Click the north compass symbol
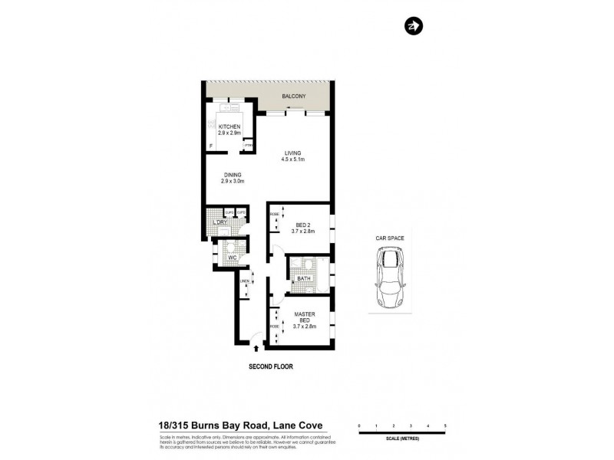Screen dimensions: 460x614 [x=412, y=27]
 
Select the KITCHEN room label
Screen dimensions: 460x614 [x=229, y=127]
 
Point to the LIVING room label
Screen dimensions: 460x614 [x=293, y=153]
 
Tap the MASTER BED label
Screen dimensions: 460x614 [x=305, y=317]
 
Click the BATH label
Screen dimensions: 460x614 [x=303, y=279]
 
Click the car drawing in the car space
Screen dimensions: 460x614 [x=390, y=281]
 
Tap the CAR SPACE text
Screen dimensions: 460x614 [x=390, y=238]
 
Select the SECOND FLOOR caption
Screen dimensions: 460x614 [x=270, y=366]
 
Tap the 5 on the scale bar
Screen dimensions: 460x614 [x=445, y=425]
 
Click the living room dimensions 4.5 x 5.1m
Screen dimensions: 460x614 [x=293, y=159]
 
